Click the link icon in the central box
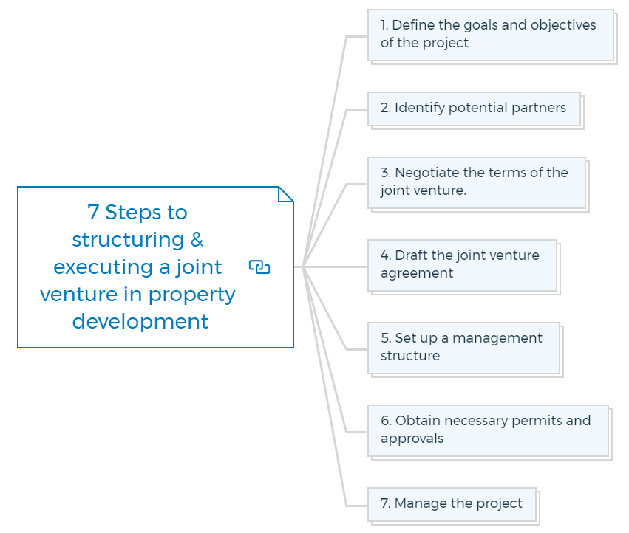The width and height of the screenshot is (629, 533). coord(259,267)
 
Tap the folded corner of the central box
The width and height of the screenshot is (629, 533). coord(286,193)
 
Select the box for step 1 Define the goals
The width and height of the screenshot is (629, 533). coord(491,35)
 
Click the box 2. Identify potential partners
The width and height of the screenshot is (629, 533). coord(474,109)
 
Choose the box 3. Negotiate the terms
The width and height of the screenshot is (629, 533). coord(477,182)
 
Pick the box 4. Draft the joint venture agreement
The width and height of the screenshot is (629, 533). coord(462,265)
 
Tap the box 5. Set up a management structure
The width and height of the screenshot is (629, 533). coord(463,348)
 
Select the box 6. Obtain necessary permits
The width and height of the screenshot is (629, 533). coord(488,430)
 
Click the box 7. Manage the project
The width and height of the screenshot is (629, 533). coord(452,504)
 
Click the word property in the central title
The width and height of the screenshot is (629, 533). coord(192,295)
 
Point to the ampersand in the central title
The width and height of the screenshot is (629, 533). coord(197,240)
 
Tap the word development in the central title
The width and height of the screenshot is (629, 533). coord(140,322)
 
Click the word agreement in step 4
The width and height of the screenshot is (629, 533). coord(417,273)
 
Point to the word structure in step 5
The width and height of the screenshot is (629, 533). coord(410,356)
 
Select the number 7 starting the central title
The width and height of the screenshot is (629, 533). coord(93,213)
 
